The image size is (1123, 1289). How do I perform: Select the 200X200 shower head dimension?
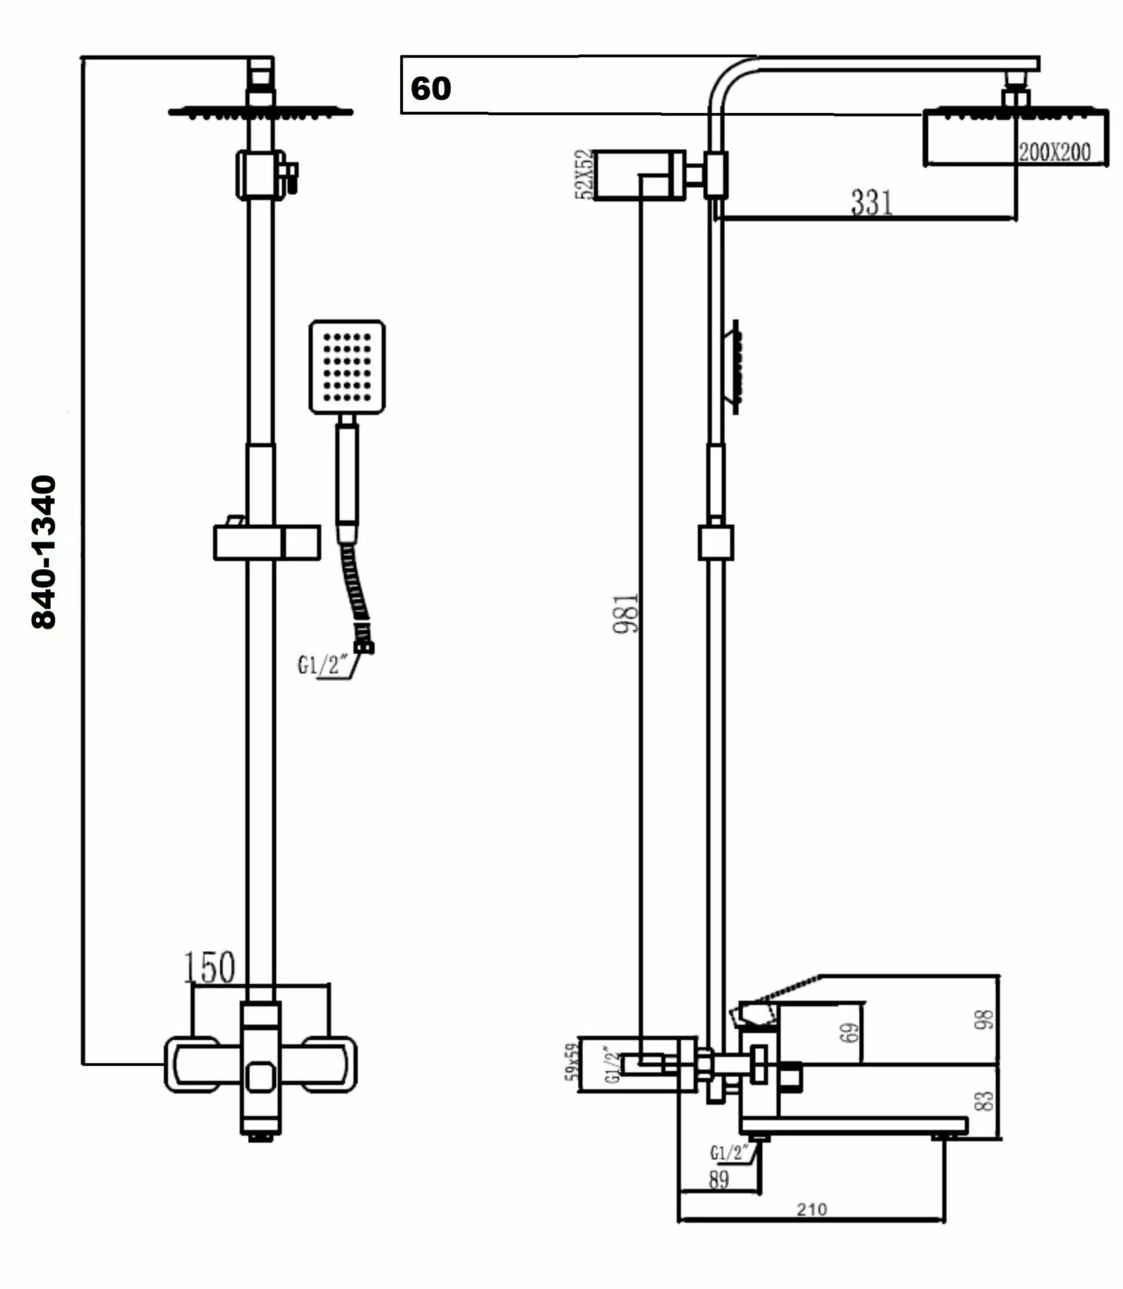1054,152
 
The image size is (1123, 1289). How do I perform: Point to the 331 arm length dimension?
872,202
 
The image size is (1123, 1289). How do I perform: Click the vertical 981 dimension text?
625,613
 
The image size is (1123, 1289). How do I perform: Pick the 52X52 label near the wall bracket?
585,175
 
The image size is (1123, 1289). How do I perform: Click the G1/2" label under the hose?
322,664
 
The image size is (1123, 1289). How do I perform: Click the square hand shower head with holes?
347,366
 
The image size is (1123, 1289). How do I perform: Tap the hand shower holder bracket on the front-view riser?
266,541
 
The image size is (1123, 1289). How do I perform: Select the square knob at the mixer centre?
261,1076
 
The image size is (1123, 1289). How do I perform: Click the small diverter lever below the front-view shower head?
292,176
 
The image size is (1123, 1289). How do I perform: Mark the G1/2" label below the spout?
731,1151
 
